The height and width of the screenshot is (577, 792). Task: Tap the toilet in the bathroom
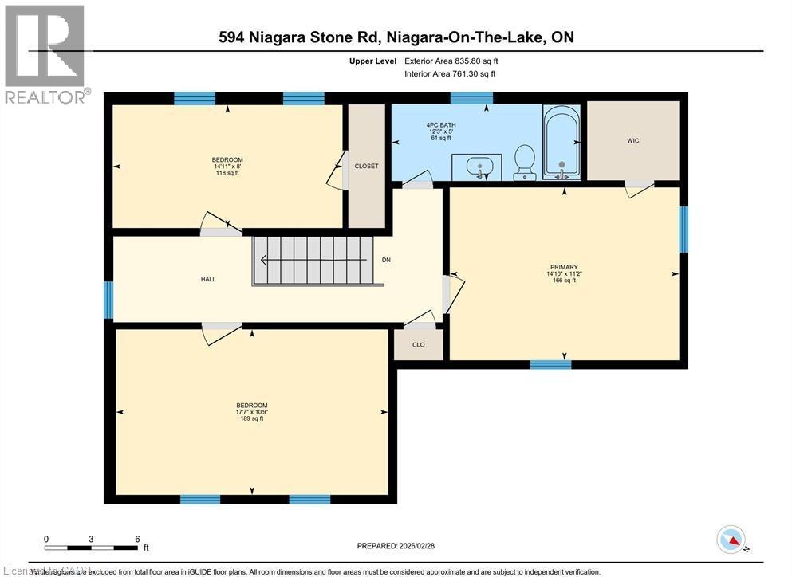coord(525,161)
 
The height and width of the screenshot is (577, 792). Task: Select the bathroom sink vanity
coord(478,167)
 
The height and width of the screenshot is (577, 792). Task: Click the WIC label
coord(632,141)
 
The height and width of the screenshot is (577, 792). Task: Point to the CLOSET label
coord(366,166)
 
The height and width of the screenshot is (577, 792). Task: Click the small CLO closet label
coord(418,345)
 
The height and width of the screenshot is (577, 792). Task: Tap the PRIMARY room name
coord(563,268)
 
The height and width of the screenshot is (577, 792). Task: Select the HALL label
coord(208,279)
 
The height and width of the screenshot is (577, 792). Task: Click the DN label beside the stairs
coord(386,261)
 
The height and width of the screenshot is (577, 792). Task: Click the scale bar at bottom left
coord(92,548)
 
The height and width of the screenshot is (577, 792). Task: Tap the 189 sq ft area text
coord(251,419)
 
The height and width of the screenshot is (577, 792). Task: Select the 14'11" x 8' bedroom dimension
coord(227,167)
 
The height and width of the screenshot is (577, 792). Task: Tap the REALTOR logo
coord(45,54)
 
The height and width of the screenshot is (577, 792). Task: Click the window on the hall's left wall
coord(108,300)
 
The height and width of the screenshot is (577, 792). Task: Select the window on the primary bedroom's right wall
coord(683,230)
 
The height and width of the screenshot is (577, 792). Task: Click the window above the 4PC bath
coord(471,99)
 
